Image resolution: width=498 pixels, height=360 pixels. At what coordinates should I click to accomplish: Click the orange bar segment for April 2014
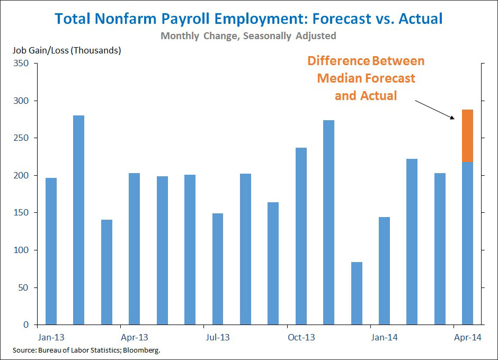click(x=467, y=136)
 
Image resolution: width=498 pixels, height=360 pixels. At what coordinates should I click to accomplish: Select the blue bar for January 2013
click(x=51, y=251)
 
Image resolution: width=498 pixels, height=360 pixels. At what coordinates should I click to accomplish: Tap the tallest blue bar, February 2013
click(x=79, y=220)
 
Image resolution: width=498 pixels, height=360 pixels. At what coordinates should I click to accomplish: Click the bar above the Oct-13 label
click(x=301, y=236)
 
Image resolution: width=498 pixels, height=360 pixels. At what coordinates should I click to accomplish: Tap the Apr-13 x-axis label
click(x=134, y=337)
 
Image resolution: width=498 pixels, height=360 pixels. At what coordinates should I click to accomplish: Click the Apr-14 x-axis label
click(x=468, y=337)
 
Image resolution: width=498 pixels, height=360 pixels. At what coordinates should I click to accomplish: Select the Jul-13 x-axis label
click(x=218, y=337)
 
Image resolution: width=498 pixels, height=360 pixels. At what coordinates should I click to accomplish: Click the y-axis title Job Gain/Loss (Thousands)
click(x=66, y=51)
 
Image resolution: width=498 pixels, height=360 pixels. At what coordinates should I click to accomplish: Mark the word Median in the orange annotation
click(x=342, y=78)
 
